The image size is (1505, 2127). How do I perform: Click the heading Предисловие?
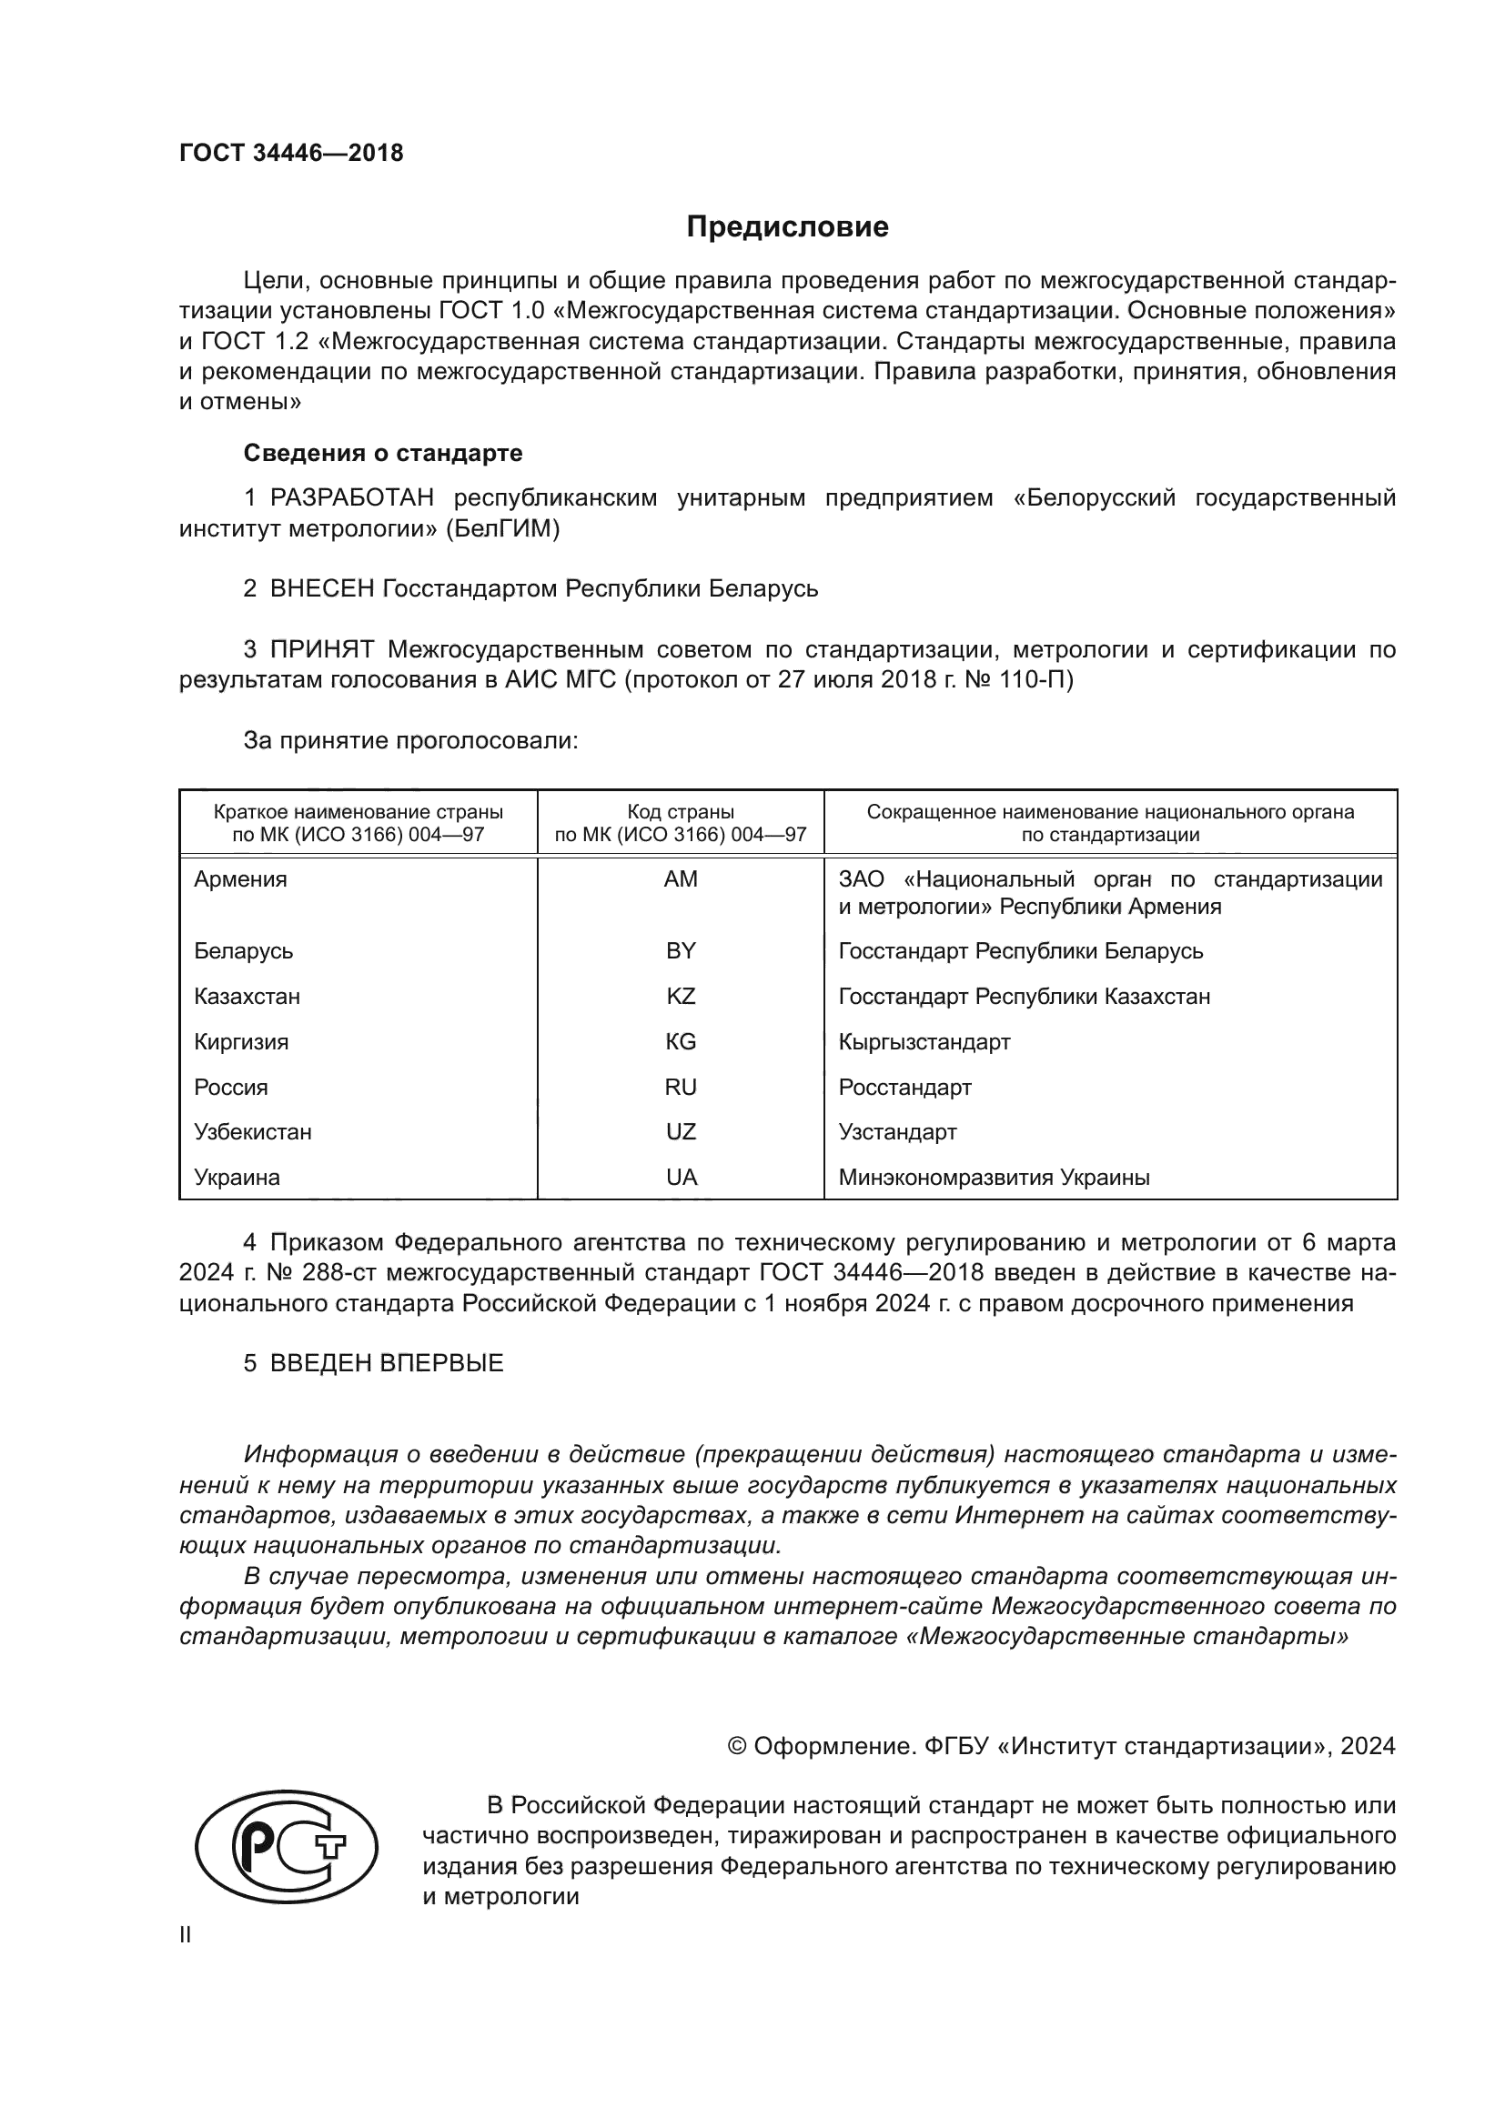pos(787,227)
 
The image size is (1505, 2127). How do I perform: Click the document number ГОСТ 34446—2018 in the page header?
pos(291,154)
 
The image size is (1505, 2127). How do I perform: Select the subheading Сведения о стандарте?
pos(383,453)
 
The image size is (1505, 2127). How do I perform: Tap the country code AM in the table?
pos(681,879)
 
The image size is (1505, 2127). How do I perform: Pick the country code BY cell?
pos(681,951)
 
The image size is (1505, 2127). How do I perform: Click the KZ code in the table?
pos(681,997)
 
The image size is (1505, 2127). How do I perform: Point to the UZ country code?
pos(681,1132)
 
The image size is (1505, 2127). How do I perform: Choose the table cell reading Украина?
pos(237,1178)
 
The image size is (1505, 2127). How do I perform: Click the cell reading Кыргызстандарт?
pos(924,1042)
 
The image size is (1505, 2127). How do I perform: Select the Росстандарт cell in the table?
pos(904,1088)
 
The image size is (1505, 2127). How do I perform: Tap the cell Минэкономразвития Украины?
pos(994,1178)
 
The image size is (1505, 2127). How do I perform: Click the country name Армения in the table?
pos(241,879)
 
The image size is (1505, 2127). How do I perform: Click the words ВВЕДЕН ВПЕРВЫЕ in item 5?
pos(387,1363)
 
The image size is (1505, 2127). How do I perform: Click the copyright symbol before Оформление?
pos(738,1746)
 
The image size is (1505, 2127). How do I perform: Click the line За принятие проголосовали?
pos(410,740)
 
